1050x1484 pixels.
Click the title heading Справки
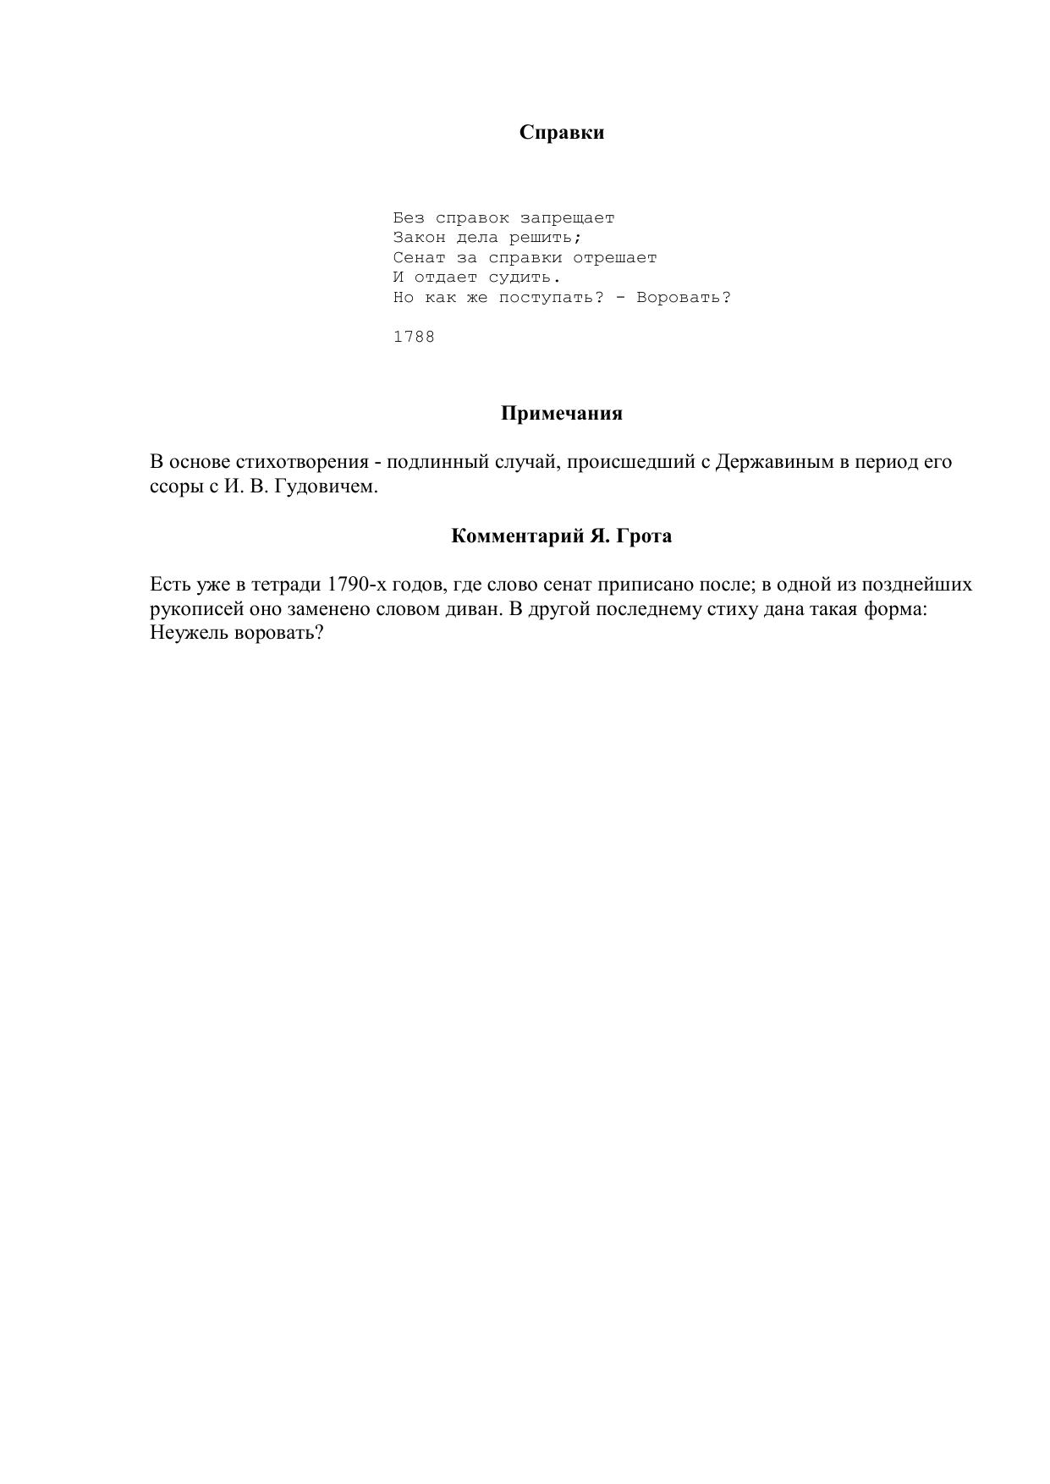point(561,132)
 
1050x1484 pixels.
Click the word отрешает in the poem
point(614,258)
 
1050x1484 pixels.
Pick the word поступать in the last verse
point(551,298)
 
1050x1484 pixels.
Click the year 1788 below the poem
point(414,337)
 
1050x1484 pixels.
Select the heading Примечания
point(561,414)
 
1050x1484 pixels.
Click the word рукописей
point(196,609)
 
